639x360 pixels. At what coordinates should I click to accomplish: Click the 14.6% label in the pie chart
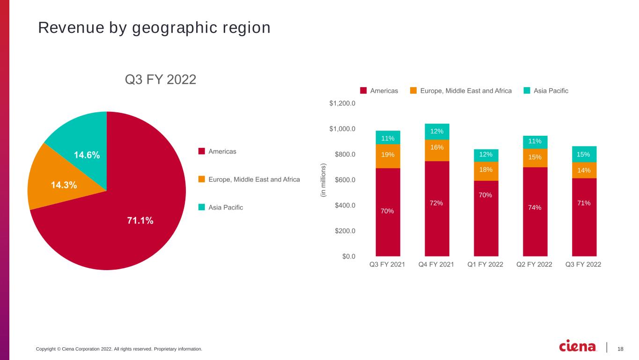87,155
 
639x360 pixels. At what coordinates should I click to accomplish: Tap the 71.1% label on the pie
140,220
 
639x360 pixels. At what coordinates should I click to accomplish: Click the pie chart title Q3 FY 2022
160,79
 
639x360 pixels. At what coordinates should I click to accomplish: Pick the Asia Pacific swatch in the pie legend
202,207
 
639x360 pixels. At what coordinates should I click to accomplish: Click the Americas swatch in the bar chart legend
363,90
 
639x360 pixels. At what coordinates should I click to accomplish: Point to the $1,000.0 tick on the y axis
342,129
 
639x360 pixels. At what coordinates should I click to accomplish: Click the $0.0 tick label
349,257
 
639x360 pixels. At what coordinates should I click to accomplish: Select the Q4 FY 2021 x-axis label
436,264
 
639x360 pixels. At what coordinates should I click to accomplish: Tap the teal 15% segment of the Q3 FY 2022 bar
584,154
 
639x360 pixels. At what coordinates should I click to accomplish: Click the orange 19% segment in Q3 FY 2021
388,156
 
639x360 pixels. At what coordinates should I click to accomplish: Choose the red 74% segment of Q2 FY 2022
535,212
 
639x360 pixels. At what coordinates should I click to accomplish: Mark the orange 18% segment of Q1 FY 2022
486,171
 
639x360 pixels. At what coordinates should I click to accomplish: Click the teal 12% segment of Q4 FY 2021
437,132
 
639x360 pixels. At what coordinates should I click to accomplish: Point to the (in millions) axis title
323,180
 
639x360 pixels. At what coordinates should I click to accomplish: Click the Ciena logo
577,346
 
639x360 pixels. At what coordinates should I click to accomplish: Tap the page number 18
620,349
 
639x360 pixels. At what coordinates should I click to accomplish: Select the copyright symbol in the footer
59,349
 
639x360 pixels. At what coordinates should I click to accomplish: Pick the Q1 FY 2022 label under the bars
485,264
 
